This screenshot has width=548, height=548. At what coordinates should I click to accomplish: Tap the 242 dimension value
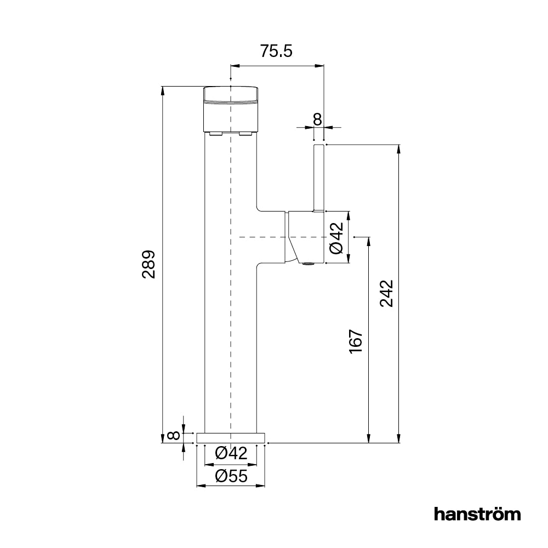pyautogui.click(x=387, y=293)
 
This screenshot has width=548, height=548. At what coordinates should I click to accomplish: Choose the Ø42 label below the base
pyautogui.click(x=231, y=453)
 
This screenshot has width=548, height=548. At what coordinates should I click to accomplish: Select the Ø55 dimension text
pyautogui.click(x=231, y=476)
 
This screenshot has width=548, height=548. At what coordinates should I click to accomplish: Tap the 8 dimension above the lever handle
pyautogui.click(x=317, y=118)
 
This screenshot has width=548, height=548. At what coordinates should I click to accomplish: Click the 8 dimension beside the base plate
pyautogui.click(x=173, y=436)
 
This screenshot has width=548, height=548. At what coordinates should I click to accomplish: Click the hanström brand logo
pyautogui.click(x=477, y=514)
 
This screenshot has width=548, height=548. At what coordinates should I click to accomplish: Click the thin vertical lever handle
pyautogui.click(x=319, y=177)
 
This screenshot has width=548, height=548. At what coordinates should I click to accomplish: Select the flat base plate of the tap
pyautogui.click(x=231, y=437)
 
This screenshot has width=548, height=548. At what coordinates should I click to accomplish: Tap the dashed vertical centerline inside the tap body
pyautogui.click(x=231, y=329)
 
